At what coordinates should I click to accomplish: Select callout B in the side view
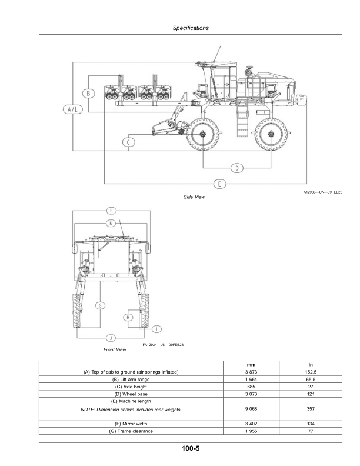pos(88,93)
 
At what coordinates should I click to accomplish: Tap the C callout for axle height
pos(130,141)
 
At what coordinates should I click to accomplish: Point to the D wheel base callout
pos(236,168)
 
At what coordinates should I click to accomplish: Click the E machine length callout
pos(219,184)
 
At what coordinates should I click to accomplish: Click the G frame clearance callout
pos(100,305)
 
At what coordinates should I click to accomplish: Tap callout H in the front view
pos(128,318)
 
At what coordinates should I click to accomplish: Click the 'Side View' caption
pos(194,197)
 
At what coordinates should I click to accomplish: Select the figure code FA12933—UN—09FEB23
pos(322,192)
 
